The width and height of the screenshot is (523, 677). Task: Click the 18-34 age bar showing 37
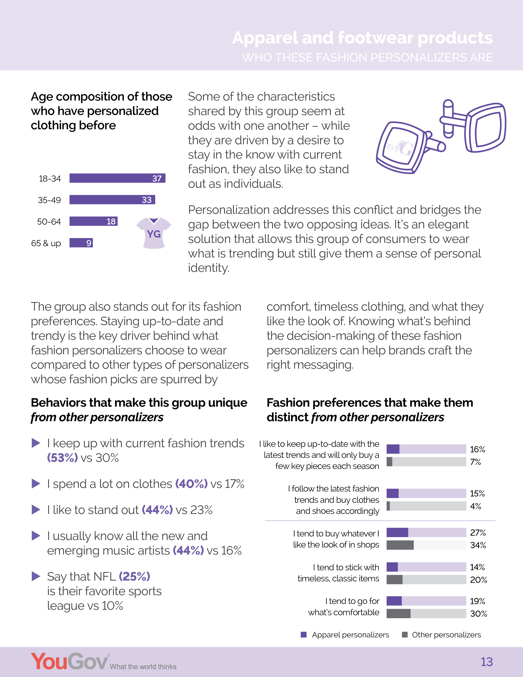click(117, 178)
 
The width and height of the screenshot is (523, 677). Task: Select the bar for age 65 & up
click(81, 243)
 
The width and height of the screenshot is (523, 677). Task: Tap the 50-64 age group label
click(49, 222)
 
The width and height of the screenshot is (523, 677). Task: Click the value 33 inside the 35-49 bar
click(147, 200)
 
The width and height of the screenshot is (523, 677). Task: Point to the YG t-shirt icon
click(154, 233)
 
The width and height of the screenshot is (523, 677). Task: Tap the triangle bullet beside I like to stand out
click(36, 510)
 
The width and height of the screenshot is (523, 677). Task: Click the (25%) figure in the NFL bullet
click(135, 576)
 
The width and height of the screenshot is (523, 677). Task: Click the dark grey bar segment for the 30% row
click(399, 613)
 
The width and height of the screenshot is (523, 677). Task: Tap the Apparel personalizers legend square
click(304, 635)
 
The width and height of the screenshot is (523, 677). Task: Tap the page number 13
click(486, 662)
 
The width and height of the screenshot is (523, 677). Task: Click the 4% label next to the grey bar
click(475, 506)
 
